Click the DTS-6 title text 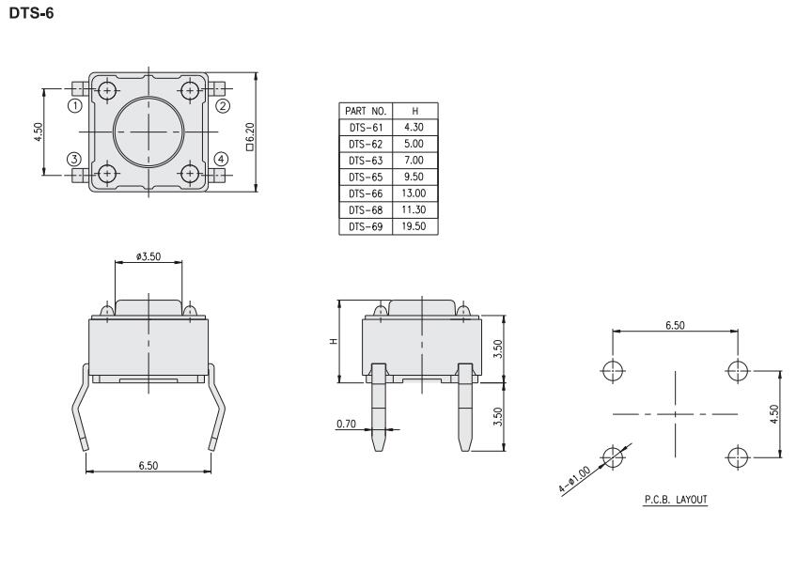coord(31,13)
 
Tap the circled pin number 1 coord(75,106)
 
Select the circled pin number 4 coord(221,159)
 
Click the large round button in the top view coord(148,132)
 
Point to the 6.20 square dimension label coord(250,136)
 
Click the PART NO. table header coord(366,111)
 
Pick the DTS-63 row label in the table coord(366,161)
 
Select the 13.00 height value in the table coord(414,193)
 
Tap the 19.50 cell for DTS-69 coord(414,226)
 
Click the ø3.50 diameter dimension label coord(148,256)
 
